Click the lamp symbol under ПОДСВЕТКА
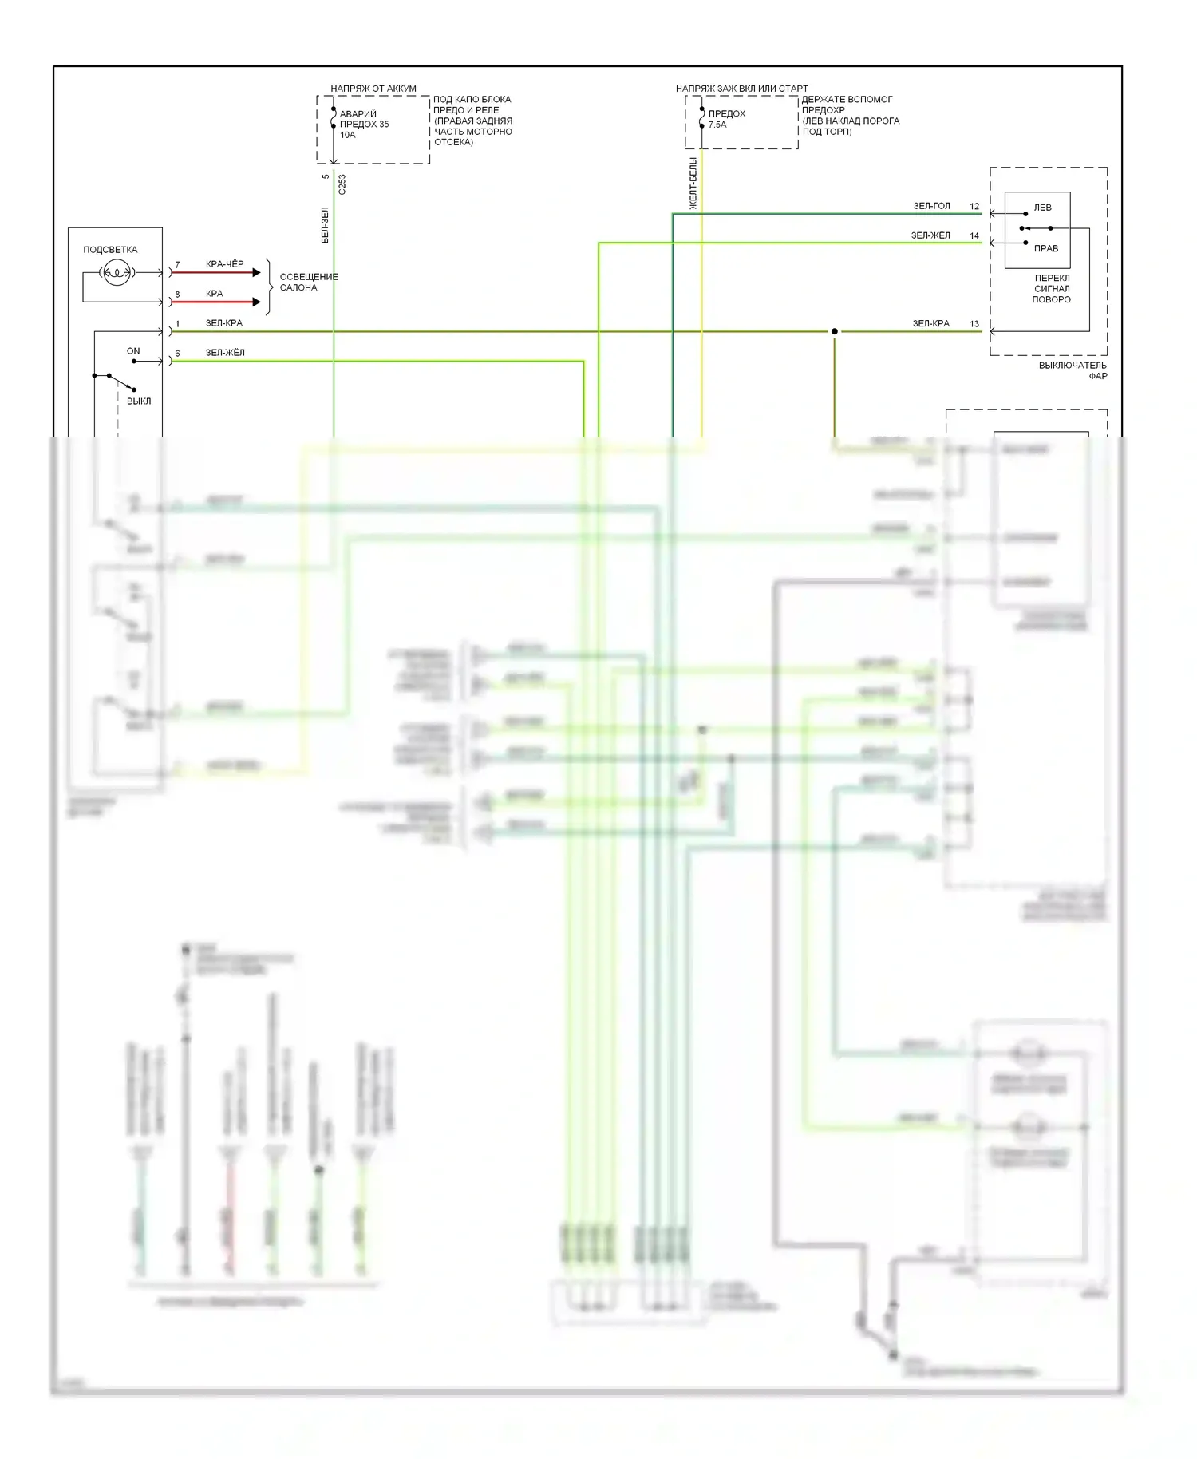point(117,273)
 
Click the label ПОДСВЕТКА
point(110,250)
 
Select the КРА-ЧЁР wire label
point(224,264)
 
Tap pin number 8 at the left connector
point(177,295)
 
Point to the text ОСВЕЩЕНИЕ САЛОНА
point(308,282)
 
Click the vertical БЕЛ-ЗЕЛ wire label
point(325,225)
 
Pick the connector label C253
point(342,184)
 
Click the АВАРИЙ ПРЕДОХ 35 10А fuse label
point(364,125)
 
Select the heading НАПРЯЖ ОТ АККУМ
point(373,89)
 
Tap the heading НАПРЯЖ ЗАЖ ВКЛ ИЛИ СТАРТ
point(741,89)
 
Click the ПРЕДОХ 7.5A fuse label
point(726,119)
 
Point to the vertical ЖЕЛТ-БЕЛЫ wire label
point(693,184)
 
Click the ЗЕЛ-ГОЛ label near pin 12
point(931,206)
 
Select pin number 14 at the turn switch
point(974,235)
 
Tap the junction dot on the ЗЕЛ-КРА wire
point(835,331)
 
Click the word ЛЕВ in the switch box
point(1042,208)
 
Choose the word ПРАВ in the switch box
point(1045,248)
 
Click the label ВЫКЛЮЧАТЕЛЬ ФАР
point(1073,370)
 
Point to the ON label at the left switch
point(133,351)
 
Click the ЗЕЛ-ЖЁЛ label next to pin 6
point(225,353)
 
